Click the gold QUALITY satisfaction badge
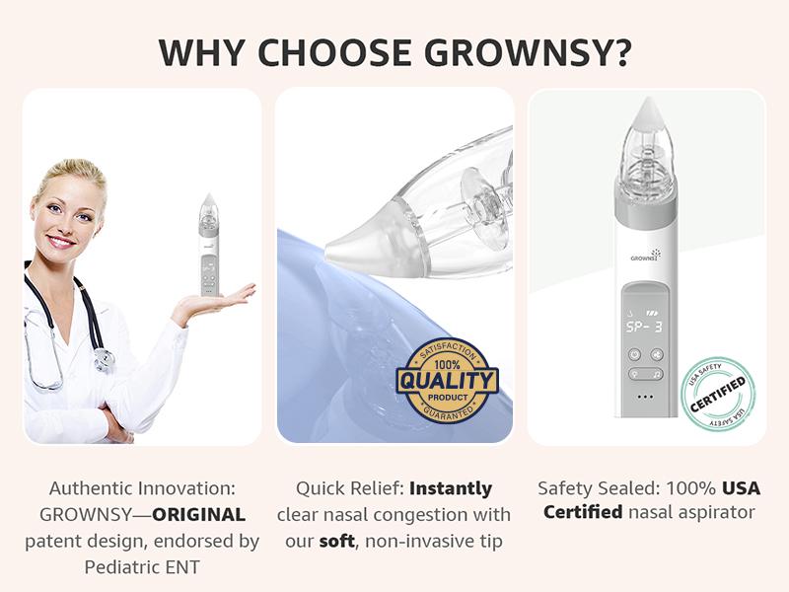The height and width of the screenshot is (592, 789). (447, 380)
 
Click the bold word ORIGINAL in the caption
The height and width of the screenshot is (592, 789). (198, 514)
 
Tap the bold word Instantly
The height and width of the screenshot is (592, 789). (451, 488)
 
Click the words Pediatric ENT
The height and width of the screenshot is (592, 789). (141, 565)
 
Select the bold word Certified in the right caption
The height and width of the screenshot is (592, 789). (583, 513)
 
